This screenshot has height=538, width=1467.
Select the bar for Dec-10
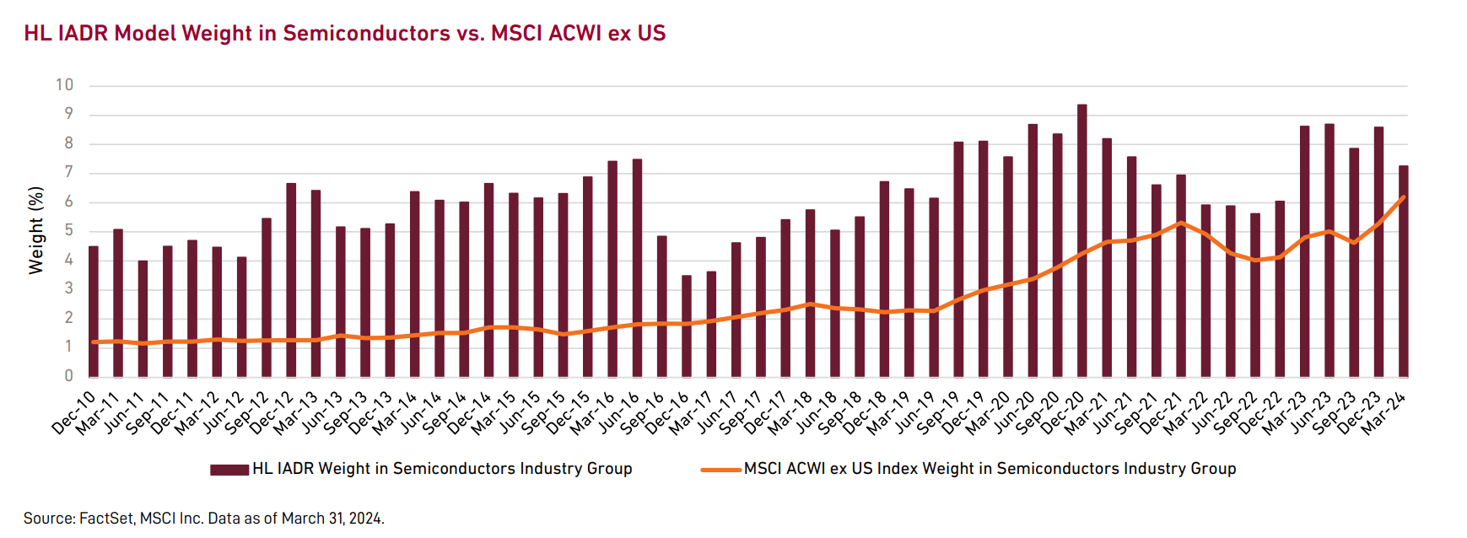(x=94, y=311)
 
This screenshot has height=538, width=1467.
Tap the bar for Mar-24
(x=1404, y=271)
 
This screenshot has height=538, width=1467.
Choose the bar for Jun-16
(x=637, y=267)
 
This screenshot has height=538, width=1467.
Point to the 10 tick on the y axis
(x=65, y=85)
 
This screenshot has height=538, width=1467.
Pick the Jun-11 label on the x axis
(x=124, y=412)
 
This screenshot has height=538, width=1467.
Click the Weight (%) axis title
(x=35, y=230)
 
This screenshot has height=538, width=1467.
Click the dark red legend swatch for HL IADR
(x=229, y=470)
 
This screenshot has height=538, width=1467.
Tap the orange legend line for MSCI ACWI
(x=720, y=470)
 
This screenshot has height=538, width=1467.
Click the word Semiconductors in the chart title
(x=366, y=33)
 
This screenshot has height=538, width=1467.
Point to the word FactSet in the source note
(x=105, y=519)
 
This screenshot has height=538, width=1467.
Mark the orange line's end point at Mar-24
(x=1404, y=197)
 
